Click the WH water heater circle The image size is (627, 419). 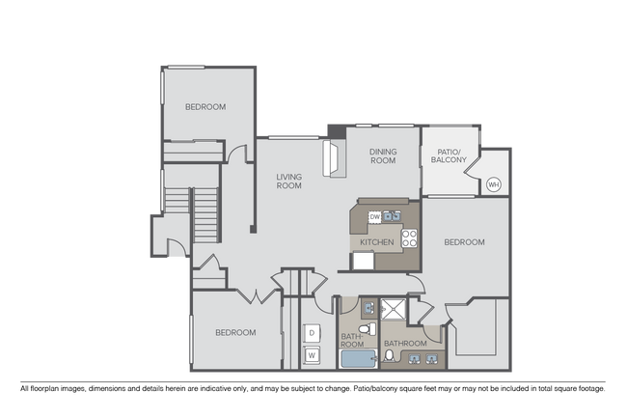pos(493,184)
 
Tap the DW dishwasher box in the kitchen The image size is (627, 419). pos(374,217)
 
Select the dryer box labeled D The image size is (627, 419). pos(312,333)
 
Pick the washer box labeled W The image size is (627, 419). pos(312,355)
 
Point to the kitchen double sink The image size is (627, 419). pos(393,214)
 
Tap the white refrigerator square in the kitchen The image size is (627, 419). pos(364,260)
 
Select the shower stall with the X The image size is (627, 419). pos(394,310)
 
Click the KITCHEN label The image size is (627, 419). pos(376,241)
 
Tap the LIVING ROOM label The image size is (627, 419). pos(288,181)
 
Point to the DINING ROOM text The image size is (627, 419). pos(383,156)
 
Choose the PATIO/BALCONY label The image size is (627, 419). pos(450,155)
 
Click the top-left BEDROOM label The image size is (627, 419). pos(205,107)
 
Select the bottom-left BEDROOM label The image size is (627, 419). pos(235,332)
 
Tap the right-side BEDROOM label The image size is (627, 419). pos(463,242)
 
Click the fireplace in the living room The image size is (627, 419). pos(333,156)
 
